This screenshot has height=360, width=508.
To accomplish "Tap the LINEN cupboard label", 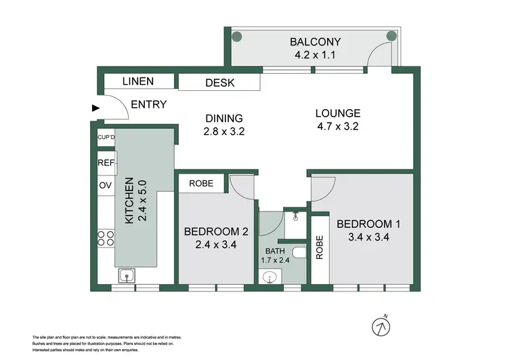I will (x=138, y=81).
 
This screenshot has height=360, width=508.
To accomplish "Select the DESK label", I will (x=219, y=83).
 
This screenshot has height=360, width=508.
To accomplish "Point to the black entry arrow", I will (x=95, y=106).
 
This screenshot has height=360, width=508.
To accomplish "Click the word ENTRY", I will (x=148, y=104).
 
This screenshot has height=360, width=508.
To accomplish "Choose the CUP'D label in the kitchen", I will (x=106, y=138).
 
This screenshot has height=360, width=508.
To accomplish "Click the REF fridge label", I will (x=106, y=163).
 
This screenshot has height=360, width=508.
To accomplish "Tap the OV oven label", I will (x=105, y=185).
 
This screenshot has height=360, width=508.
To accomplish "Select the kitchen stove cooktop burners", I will (x=106, y=238).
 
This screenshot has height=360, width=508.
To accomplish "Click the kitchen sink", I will (x=125, y=275).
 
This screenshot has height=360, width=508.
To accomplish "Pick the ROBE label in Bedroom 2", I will (x=201, y=183).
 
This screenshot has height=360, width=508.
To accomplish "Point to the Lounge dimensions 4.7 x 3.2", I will (x=337, y=127).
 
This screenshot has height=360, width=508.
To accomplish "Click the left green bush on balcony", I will (x=236, y=37).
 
